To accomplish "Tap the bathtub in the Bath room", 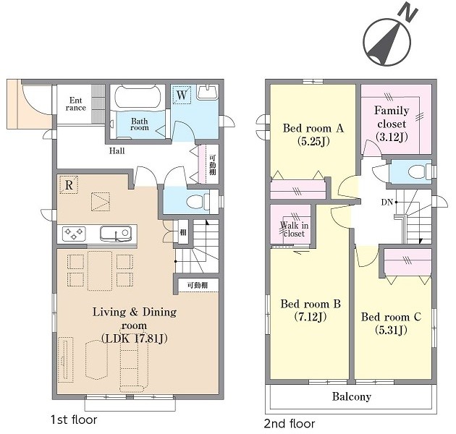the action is point(138,98).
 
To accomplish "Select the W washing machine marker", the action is point(182,95).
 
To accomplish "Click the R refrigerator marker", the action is point(69,184).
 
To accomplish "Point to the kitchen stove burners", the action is point(74,234).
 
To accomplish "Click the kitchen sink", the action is point(115,234).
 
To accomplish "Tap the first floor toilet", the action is point(198,201).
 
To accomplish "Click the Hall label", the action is point(117,151).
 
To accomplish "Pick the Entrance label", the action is point(75,104).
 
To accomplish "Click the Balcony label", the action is point(352,397).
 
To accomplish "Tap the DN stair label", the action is point(387,202).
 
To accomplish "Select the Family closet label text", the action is point(392,117).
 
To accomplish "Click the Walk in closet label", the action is point(294,229).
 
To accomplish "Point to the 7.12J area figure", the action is point(311,317).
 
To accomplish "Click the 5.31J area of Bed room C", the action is point(391,331).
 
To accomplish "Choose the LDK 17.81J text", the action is point(135,339).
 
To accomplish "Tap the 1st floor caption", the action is point(74,420).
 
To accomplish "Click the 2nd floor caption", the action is point(289,424).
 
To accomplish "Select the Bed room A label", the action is point(313,128).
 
